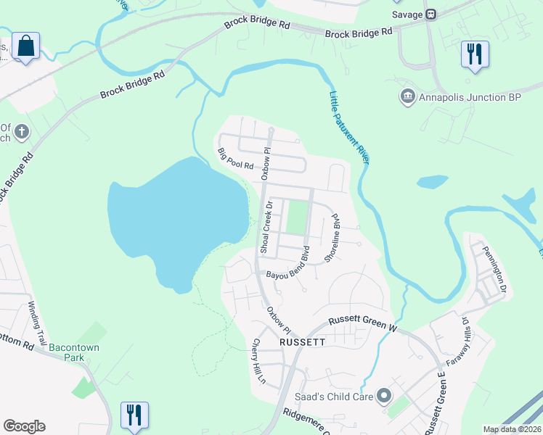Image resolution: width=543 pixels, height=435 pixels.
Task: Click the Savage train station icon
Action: pos(431,14)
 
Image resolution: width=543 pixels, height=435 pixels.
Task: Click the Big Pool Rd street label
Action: pos(236,159)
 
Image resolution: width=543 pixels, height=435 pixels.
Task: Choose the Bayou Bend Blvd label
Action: pos(292,267)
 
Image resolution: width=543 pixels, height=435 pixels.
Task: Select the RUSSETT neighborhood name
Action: pos(301,339)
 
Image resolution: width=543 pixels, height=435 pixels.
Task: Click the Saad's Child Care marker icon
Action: pos(383,396)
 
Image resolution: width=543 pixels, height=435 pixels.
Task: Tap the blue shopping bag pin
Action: pos(26,46)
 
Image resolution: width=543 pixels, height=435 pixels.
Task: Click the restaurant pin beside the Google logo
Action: pos(134,415)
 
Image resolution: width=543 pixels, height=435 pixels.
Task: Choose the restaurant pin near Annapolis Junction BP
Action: pos(475,54)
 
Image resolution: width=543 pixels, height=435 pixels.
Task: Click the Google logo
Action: pos(24,426)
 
